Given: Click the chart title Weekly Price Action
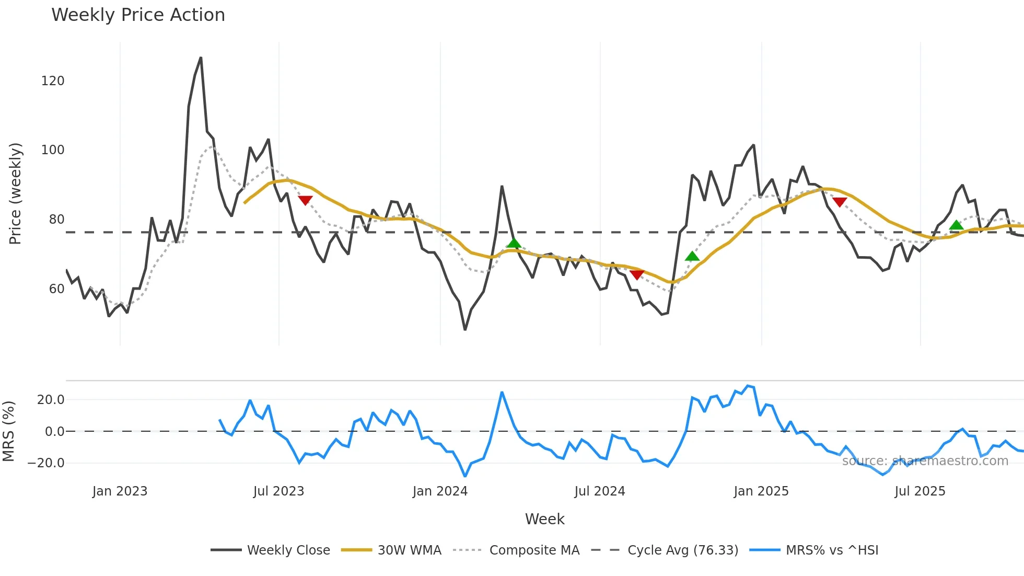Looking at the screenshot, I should click(x=138, y=15).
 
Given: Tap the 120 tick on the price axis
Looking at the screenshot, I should click(x=53, y=81).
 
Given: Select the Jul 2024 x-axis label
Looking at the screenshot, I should click(x=599, y=491).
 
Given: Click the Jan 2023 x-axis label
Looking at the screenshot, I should click(x=120, y=491).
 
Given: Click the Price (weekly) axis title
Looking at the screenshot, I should click(x=16, y=193).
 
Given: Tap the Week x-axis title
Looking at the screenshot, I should click(x=544, y=519).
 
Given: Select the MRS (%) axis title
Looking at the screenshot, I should click(x=9, y=431).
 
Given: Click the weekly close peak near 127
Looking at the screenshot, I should click(x=201, y=58).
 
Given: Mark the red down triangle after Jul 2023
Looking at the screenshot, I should click(x=305, y=200).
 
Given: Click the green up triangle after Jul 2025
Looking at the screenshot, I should click(x=956, y=225).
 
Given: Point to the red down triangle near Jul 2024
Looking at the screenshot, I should click(x=637, y=275).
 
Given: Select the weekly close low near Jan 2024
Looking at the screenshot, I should click(x=465, y=329).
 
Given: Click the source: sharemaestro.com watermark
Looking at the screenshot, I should click(x=925, y=461).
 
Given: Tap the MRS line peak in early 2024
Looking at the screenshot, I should click(x=502, y=392).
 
